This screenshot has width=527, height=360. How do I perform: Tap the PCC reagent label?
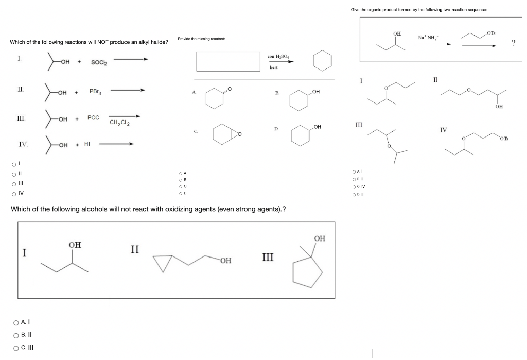93,118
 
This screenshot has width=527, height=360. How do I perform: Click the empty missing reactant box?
228,61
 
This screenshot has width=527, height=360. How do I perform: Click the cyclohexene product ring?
320,60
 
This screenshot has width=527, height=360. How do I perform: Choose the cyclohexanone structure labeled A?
214,97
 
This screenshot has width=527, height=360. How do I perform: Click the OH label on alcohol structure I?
75,245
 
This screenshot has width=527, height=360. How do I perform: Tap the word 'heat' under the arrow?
274,67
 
